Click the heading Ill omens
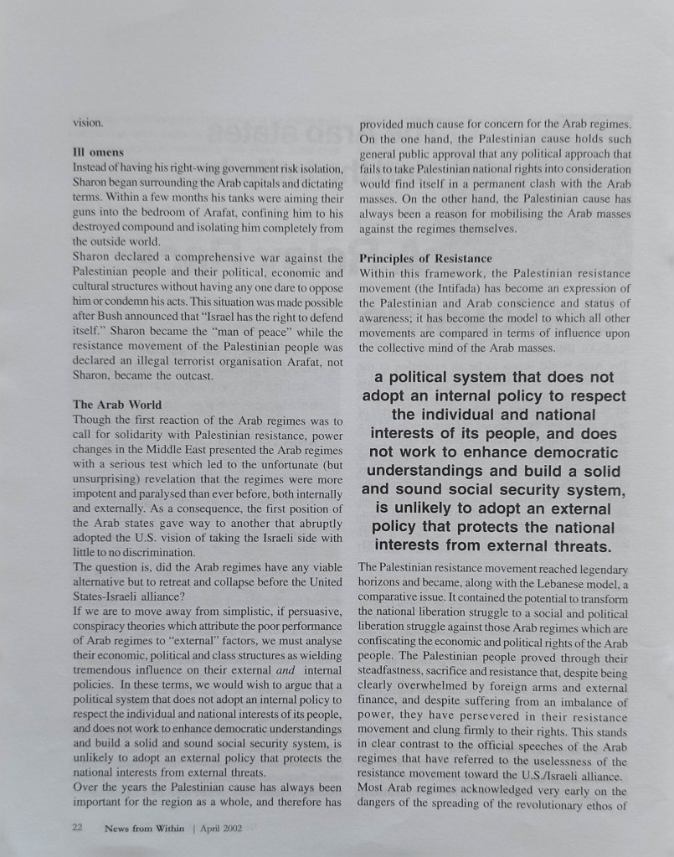(x=99, y=152)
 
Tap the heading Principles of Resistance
(x=425, y=259)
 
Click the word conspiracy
(x=103, y=627)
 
